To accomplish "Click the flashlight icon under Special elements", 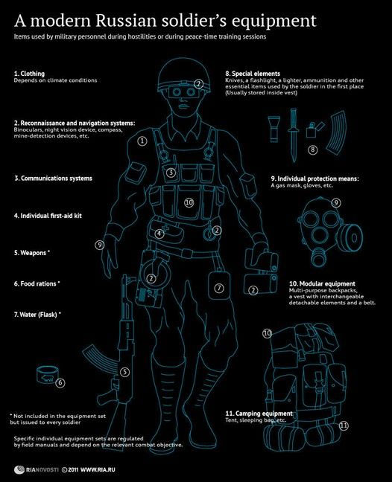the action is coord(274,129).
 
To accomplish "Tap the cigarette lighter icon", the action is coord(314,129).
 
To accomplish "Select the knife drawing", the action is coord(294,135).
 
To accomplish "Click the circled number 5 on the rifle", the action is coord(124,372).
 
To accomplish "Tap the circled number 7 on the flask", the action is coord(219,288).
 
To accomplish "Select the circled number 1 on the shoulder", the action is coord(142,141).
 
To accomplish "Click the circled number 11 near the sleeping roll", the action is coord(344,425).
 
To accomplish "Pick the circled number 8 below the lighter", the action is coord(312,150).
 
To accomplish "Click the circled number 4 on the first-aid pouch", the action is coord(159,234).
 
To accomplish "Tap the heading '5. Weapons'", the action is coord(32,253).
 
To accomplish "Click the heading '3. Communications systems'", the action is coord(53,179).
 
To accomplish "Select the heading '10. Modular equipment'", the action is coord(322,283).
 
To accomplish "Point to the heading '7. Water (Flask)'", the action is coord(37,315).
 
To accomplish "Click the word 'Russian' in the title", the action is coord(126,21).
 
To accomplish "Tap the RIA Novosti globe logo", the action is coord(19,469).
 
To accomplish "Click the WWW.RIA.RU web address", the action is coord(98,470).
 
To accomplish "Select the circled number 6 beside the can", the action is coord(60,383).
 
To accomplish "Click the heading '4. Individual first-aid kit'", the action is coord(48,216).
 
